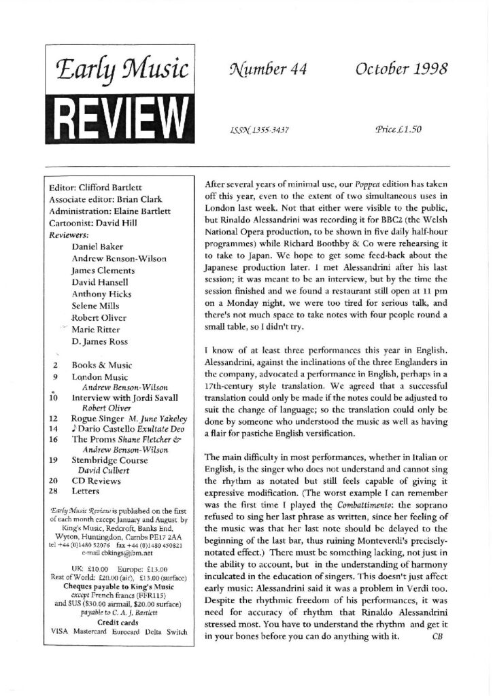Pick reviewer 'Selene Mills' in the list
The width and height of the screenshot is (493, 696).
(x=96, y=305)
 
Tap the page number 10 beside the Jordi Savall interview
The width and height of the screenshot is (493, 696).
(x=54, y=398)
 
